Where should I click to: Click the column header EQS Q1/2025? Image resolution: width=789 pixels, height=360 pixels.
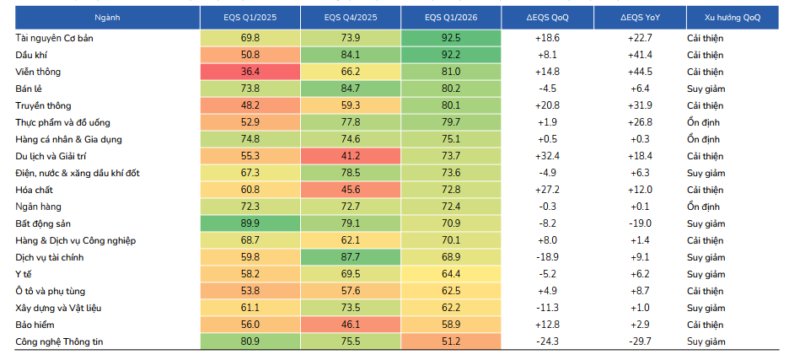pos(250,18)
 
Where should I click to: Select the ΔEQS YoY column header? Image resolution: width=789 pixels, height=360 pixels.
pos(640,18)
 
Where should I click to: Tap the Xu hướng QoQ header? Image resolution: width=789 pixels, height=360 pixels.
pos(733,18)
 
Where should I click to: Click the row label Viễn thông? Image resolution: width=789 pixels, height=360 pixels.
pos(38,72)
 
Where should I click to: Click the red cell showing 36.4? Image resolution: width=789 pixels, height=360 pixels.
pos(250,72)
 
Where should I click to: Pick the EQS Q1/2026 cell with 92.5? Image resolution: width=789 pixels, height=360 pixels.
pos(451,38)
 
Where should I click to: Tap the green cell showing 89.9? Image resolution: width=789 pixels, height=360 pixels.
pos(250,223)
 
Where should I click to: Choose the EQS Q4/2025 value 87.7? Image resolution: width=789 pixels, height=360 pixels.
pos(351,257)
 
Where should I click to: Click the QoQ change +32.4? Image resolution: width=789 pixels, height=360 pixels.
pos(547,156)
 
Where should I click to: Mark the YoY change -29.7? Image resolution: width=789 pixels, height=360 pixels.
pos(640,342)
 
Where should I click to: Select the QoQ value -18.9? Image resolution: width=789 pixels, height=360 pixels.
pos(547,257)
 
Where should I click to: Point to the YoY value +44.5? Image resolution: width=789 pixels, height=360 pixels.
pos(640,72)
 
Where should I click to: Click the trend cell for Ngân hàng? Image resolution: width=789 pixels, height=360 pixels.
pos(704,207)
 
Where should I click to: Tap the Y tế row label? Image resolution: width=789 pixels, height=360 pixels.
pos(24,274)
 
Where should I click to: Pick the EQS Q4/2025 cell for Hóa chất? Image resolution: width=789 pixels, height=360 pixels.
pos(351,190)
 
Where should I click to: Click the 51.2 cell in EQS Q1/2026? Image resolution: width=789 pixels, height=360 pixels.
pos(451,342)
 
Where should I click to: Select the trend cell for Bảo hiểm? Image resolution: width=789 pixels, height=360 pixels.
pos(706,325)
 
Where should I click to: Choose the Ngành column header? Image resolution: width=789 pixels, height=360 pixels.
pos(108,18)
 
